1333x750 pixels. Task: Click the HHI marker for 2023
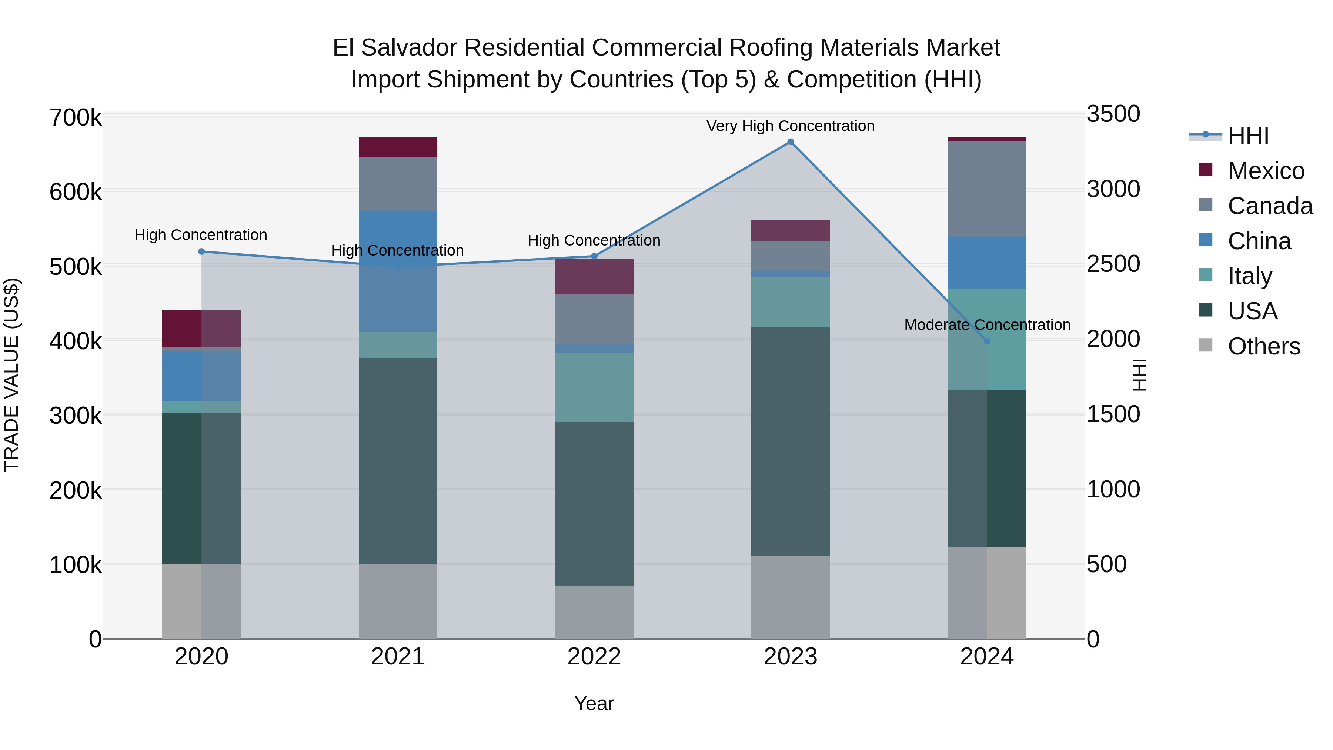pyautogui.click(x=790, y=142)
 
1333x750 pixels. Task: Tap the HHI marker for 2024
pyautogui.click(x=986, y=341)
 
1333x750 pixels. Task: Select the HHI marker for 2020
pyautogui.click(x=202, y=251)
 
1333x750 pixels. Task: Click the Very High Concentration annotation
pyautogui.click(x=790, y=126)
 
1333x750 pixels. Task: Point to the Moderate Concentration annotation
pyautogui.click(x=987, y=325)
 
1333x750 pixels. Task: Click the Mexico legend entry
pyautogui.click(x=1265, y=171)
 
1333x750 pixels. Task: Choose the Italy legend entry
pyautogui.click(x=1249, y=276)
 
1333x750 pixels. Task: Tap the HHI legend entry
pyautogui.click(x=1247, y=136)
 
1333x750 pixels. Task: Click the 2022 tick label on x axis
pyautogui.click(x=594, y=657)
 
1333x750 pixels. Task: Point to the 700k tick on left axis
pyautogui.click(x=76, y=118)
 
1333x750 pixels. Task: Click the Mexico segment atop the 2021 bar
pyautogui.click(x=398, y=147)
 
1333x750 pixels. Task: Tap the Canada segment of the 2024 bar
pyautogui.click(x=987, y=189)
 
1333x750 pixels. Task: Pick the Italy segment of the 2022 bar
pyautogui.click(x=594, y=387)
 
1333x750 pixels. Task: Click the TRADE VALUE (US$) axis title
pyautogui.click(x=11, y=375)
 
